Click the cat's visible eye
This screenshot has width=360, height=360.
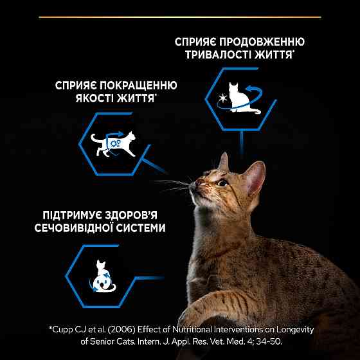click(x=221, y=183)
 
